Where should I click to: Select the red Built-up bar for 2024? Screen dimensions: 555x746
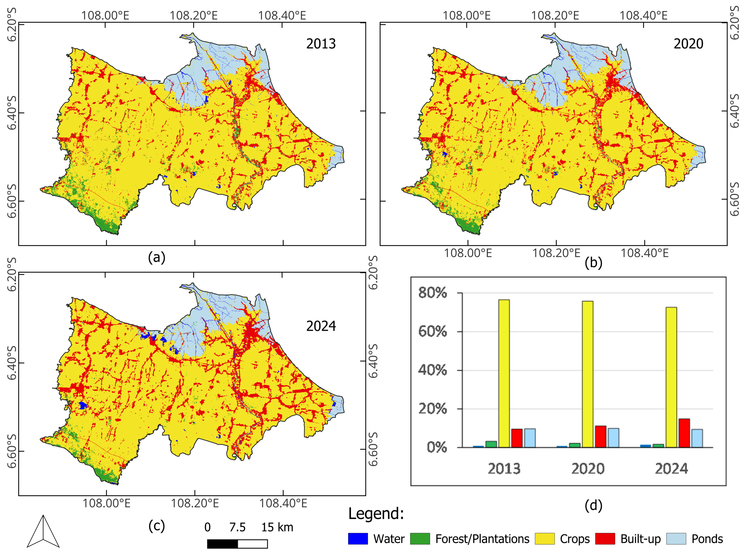[x=684, y=433]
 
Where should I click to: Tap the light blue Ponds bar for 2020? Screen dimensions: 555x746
[x=613, y=438]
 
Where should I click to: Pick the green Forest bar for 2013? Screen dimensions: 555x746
[x=491, y=444]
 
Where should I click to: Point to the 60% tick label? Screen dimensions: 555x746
[x=432, y=332]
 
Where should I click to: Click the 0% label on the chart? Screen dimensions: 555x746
[x=437, y=447]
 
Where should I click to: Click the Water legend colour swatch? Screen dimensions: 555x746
[x=358, y=539]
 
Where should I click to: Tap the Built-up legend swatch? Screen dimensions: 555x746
[x=605, y=539]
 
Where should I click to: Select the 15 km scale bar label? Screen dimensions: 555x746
[x=277, y=527]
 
